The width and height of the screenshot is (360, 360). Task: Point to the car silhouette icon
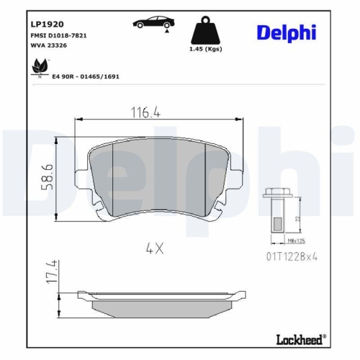click(152, 23)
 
